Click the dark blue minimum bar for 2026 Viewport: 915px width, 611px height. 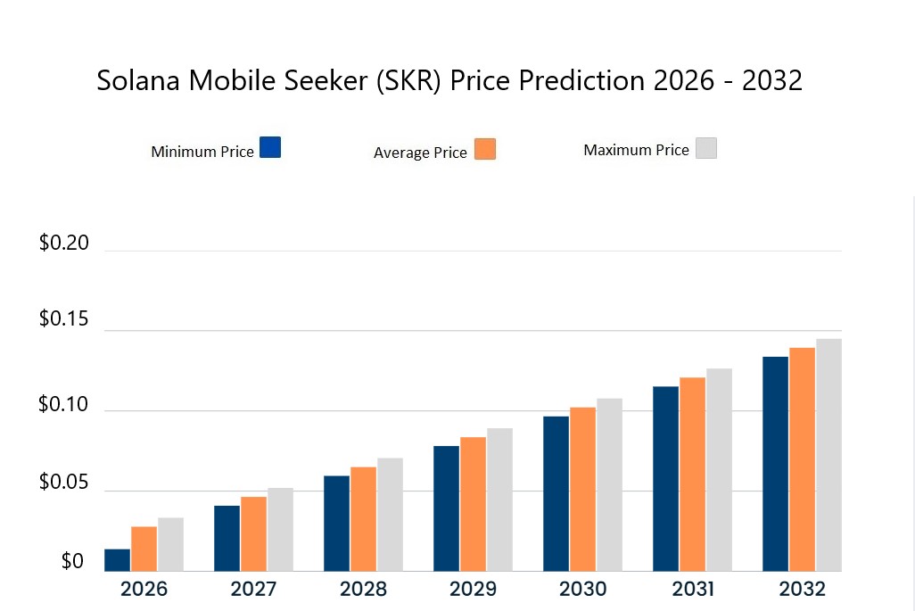coord(117,560)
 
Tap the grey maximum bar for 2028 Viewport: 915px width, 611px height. coord(390,515)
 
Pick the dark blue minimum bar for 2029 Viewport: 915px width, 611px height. coord(446,508)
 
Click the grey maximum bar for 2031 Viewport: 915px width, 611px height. coord(719,470)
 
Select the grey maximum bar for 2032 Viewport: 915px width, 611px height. coord(829,455)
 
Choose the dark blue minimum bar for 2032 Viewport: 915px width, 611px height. coord(775,464)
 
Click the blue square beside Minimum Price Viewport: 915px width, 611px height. coord(270,147)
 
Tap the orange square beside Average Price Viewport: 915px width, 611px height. coord(485,149)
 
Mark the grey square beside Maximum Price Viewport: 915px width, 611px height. coord(706,148)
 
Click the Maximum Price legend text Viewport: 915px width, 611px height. coord(636,150)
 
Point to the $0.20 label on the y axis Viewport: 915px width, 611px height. coord(64,243)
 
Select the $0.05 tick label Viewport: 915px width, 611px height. coord(64,483)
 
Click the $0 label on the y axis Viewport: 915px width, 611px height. coord(72,562)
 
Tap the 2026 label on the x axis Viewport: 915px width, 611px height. coord(144,590)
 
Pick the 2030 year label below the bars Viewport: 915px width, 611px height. coord(582,590)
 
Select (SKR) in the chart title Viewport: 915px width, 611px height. coord(408,80)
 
